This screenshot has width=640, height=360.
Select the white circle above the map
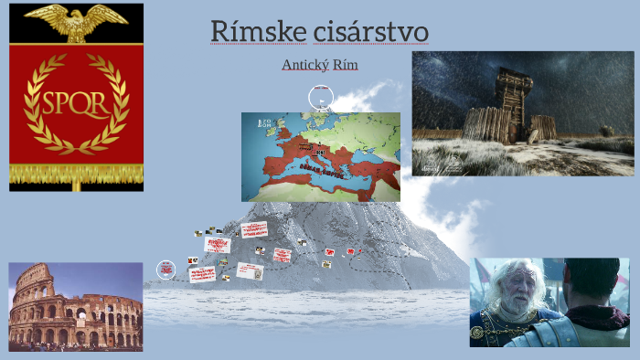[319, 98]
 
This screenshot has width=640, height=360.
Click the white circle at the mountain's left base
[165, 270]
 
